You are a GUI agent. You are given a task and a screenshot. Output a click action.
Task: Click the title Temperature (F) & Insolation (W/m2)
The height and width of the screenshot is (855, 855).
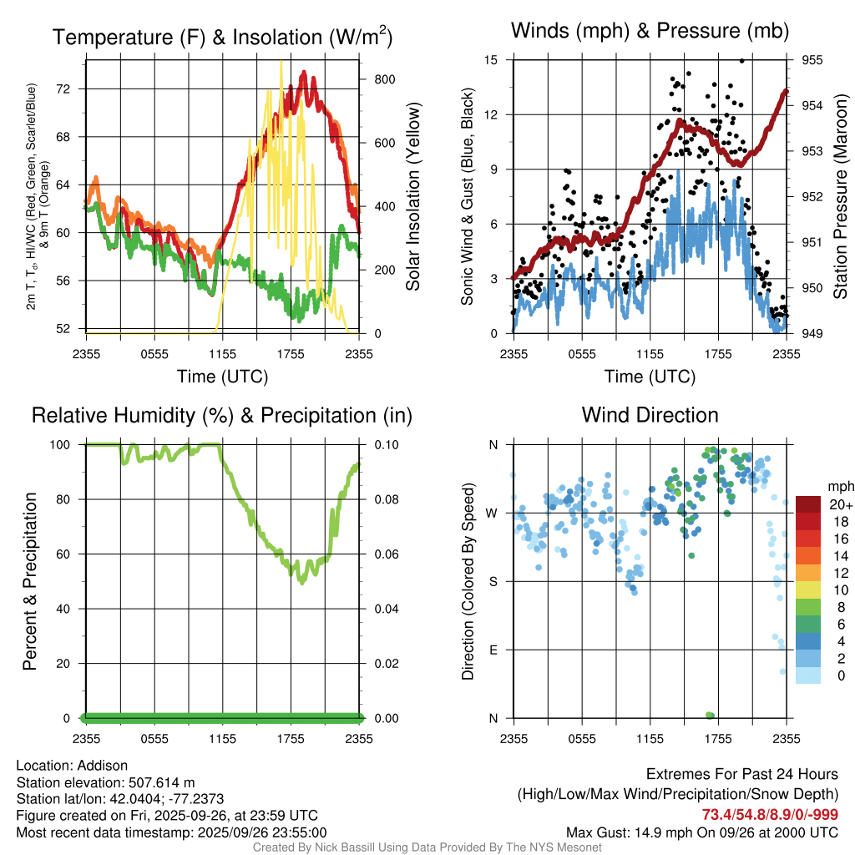click(222, 37)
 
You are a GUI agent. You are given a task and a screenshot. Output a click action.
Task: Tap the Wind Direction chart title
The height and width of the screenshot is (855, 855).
click(650, 415)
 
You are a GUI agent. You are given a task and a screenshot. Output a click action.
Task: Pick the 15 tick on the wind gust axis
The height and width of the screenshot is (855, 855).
click(491, 60)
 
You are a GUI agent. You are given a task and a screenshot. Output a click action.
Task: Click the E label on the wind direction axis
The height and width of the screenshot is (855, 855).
click(493, 650)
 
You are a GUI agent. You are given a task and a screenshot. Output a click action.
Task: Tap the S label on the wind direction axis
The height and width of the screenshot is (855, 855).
click(493, 582)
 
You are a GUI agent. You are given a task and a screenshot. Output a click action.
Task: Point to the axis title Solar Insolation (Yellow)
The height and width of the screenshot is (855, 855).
click(413, 197)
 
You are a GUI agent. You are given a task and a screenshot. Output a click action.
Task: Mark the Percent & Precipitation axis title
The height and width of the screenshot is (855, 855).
click(30, 580)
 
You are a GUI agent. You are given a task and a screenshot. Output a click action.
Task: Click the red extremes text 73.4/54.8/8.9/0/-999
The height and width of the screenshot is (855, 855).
click(770, 815)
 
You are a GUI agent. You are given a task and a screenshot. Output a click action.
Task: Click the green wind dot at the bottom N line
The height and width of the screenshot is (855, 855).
click(710, 715)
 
